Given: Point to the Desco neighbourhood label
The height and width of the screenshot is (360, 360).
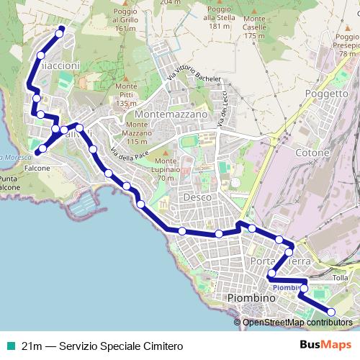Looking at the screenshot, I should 197,197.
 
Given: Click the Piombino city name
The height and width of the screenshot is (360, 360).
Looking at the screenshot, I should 251,298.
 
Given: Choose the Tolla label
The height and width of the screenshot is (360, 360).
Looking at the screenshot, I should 341,278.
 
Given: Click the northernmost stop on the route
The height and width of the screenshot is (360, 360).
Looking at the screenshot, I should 60,30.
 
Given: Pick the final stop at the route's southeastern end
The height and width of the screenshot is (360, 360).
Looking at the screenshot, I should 331,312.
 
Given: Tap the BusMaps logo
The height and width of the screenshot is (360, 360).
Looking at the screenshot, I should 325,345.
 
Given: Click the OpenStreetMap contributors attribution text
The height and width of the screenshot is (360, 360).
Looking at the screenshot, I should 298,322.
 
